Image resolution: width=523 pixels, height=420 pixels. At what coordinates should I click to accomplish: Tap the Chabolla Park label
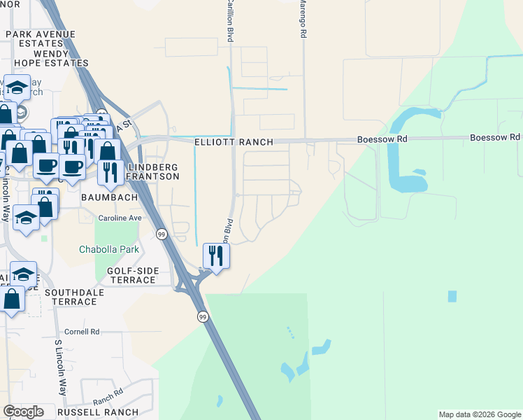(108, 249)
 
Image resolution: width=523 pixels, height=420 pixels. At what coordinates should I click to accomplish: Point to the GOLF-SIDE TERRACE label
(132, 275)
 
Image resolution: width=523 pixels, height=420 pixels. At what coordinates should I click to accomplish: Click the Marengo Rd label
(303, 18)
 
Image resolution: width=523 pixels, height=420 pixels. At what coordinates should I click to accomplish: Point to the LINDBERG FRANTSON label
(152, 171)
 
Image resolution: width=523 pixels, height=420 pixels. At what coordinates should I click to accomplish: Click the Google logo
(23, 412)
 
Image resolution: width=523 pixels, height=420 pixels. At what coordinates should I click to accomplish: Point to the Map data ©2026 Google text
(480, 414)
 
